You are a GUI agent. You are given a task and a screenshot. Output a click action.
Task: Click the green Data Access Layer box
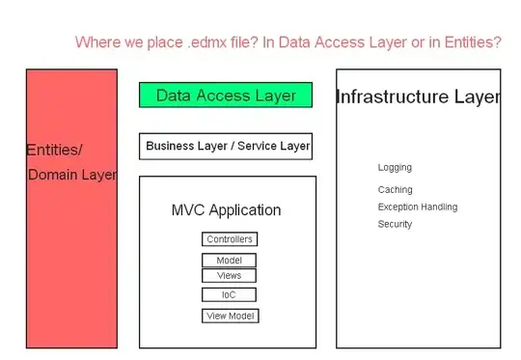pos(226,96)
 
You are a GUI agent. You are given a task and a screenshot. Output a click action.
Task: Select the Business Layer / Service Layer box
pos(226,147)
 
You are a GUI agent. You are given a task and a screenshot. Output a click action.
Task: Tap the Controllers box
pos(230,239)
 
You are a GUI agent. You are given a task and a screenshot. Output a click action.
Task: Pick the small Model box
pos(230,260)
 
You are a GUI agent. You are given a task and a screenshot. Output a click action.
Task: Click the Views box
pos(230,275)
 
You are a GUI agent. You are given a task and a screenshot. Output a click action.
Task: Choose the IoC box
pos(229,294)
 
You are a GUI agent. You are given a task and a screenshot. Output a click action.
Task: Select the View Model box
pos(231,316)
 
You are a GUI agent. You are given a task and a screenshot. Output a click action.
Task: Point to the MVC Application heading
pos(226,210)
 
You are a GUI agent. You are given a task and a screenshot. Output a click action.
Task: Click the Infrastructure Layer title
pos(417,97)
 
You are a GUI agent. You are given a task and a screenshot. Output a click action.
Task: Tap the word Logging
pos(395,168)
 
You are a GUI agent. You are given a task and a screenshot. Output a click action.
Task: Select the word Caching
pos(395,190)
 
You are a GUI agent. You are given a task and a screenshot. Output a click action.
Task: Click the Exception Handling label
pos(417,207)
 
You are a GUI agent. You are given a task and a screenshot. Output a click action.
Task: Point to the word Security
pos(395,224)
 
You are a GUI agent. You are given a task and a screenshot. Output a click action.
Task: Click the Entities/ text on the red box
pos(54,150)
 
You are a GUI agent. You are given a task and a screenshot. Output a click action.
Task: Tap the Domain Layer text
pos(72,176)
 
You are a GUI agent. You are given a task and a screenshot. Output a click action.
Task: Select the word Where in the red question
pos(96,42)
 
